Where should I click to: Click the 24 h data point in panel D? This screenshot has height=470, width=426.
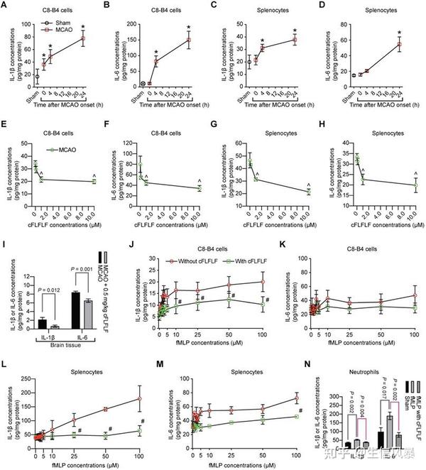(399, 44)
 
